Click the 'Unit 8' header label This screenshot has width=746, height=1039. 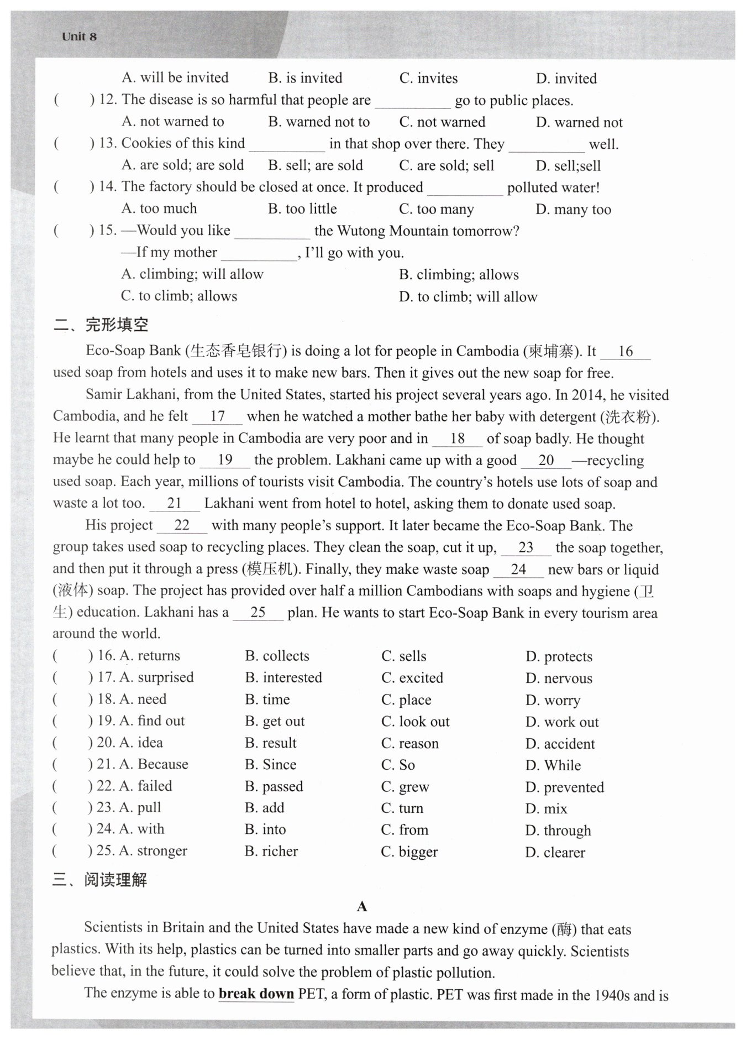click(79, 36)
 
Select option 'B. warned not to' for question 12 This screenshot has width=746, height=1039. click(319, 122)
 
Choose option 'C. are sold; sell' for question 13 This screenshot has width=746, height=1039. click(446, 165)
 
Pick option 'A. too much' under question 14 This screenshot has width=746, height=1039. click(159, 208)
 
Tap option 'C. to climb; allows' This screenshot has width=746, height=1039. click(179, 296)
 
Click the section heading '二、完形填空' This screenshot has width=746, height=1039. click(101, 325)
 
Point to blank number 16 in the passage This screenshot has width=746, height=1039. click(625, 351)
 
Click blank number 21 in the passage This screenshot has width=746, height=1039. click(174, 503)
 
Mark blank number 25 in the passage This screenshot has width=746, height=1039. click(258, 612)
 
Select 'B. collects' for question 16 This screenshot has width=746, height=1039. click(277, 656)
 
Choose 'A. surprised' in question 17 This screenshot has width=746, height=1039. click(156, 677)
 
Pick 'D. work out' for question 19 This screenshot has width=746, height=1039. click(562, 722)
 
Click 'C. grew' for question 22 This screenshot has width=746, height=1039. click(405, 786)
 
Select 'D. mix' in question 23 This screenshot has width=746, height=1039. click(546, 808)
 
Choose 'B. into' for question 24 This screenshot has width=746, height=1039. click(265, 829)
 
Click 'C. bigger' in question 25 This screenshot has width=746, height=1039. click(409, 852)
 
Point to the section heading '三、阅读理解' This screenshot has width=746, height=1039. click(100, 880)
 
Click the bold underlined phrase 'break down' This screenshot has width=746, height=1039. click(256, 994)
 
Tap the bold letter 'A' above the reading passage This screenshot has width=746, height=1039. click(362, 906)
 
